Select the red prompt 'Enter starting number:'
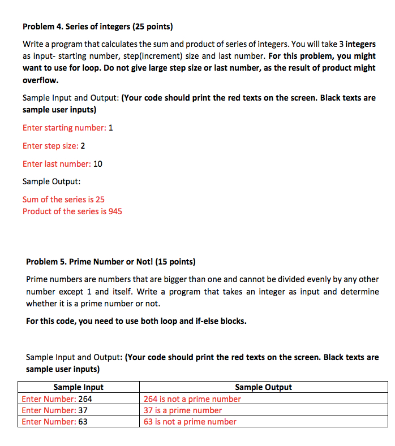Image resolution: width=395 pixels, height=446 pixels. (64, 128)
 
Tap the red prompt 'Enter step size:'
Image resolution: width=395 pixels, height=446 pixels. (50, 146)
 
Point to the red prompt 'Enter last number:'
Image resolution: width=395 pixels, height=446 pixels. (57, 164)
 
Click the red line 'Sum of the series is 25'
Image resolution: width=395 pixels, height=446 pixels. (63, 200)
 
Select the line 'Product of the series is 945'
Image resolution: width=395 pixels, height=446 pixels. (72, 211)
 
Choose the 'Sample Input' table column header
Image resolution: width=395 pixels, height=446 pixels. (78, 387)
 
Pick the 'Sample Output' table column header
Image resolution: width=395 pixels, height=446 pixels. (263, 387)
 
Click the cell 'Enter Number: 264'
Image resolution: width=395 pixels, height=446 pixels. (57, 399)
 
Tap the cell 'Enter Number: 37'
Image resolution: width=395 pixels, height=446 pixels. (54, 410)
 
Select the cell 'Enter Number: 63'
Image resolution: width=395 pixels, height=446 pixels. (54, 422)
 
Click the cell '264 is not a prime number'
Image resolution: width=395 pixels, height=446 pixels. (192, 399)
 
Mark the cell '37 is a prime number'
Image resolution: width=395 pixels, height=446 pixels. (182, 410)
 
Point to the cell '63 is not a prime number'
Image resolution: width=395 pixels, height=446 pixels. (190, 422)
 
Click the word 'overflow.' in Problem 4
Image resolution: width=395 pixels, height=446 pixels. (40, 80)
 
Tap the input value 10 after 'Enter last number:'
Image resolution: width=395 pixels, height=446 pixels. (97, 164)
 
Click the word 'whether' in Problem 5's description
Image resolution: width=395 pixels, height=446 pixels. (41, 304)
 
